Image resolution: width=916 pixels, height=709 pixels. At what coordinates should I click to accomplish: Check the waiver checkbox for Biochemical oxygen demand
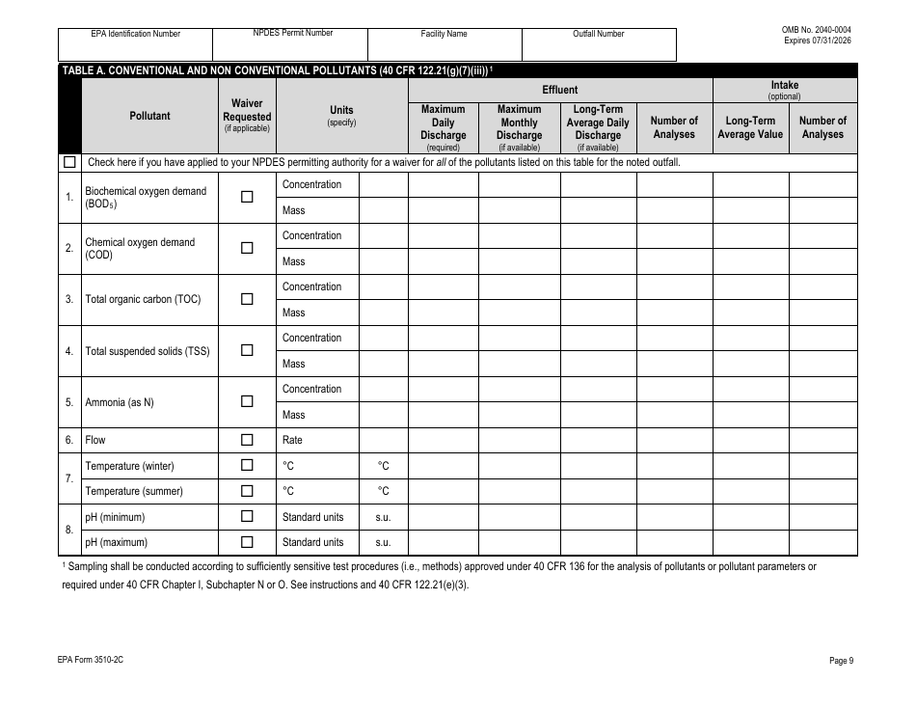point(247,197)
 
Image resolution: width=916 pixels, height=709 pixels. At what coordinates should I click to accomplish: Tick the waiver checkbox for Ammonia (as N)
point(247,401)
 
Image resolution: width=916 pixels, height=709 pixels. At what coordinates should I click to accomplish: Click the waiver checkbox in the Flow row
point(247,440)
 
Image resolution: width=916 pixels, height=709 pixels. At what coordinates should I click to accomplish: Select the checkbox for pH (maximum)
point(247,542)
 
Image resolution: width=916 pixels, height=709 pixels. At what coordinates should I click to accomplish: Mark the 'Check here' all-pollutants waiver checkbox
point(69,162)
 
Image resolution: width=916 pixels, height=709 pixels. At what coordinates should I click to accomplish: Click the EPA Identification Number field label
point(136,34)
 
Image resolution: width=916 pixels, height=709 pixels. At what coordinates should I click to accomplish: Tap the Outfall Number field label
point(599,34)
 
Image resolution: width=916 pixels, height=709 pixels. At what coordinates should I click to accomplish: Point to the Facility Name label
point(445,34)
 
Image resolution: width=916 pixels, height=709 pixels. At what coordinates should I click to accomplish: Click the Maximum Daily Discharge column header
point(443,127)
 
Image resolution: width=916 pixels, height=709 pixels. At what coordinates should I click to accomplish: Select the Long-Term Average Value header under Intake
point(750,127)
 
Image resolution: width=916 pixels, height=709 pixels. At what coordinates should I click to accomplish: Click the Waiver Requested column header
point(247,115)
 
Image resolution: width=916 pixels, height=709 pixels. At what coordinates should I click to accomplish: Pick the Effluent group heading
point(560,90)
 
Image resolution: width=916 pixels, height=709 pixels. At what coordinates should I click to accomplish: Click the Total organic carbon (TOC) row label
point(143,299)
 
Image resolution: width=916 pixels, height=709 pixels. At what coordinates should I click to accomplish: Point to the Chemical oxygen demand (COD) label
point(140,248)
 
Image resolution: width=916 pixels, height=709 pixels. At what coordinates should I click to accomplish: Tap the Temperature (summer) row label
point(134,491)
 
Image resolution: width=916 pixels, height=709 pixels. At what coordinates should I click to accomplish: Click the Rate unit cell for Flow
point(292,440)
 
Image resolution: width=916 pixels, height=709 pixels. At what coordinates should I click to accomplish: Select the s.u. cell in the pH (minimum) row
point(383,517)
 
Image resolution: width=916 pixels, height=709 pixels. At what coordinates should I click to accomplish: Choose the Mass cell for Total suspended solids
point(294,364)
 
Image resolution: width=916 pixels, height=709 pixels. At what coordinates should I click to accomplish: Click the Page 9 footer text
point(841,661)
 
